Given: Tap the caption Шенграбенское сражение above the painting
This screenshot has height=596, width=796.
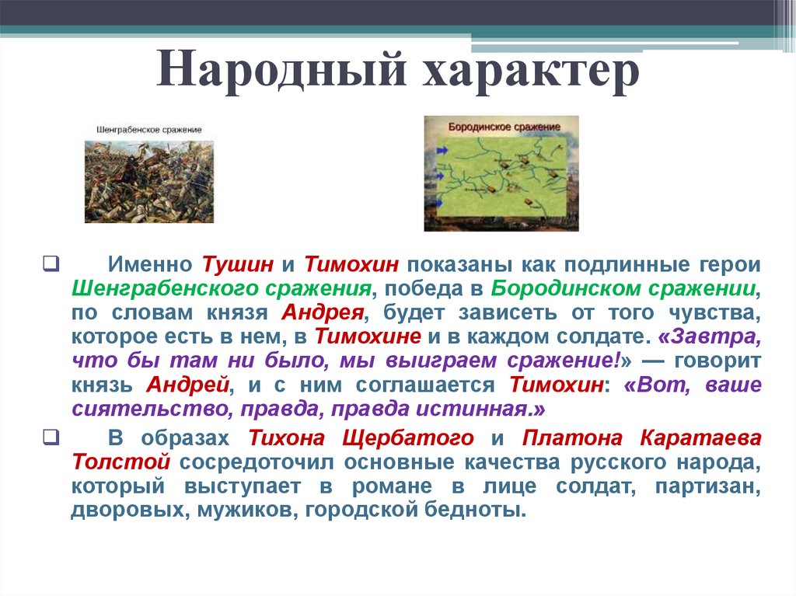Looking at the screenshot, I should [x=149, y=130].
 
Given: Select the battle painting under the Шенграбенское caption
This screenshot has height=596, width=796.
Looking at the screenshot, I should [x=148, y=180].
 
